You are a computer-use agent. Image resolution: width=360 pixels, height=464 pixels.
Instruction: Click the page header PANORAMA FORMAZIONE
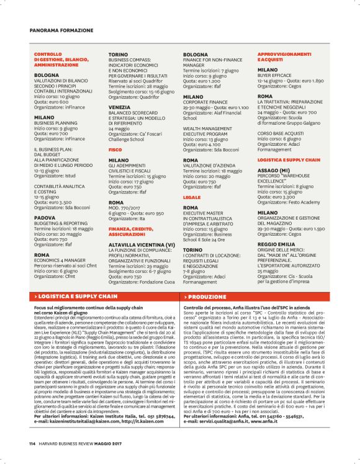[61, 30]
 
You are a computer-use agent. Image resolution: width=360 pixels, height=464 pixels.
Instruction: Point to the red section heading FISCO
[115, 150]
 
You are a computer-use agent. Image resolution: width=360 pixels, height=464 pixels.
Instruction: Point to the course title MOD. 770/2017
[127, 207]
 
